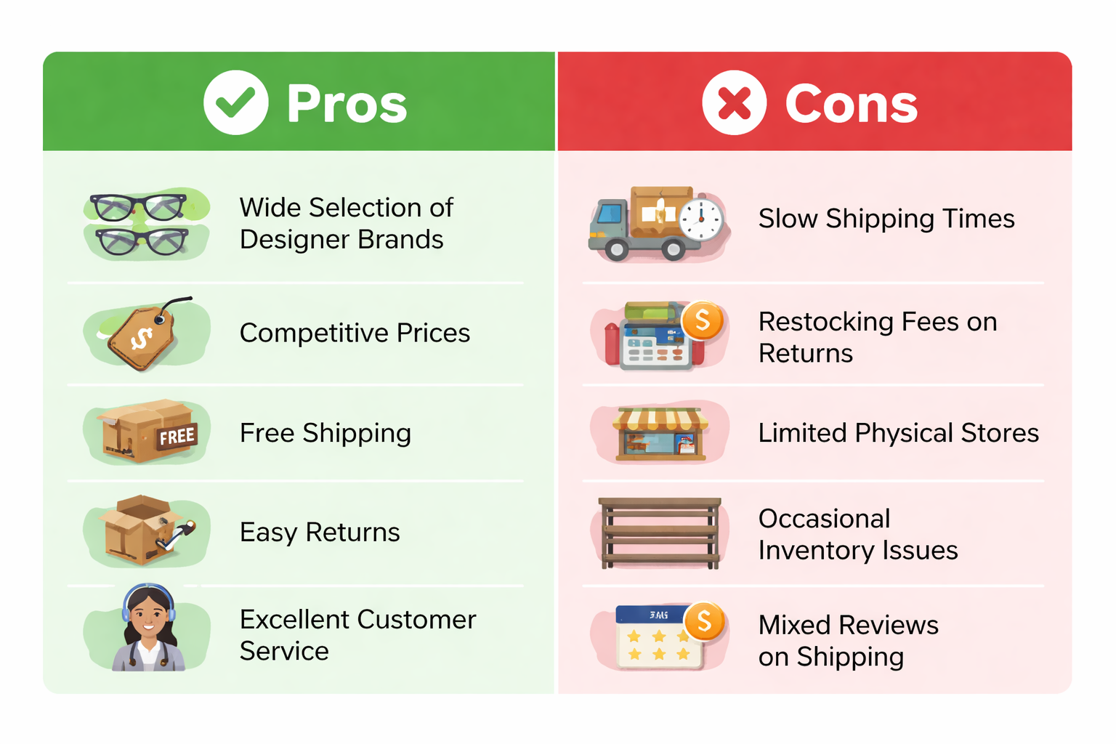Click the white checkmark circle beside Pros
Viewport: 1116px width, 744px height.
tap(235, 102)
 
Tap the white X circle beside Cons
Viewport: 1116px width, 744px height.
tap(734, 102)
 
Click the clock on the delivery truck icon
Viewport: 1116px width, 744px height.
tap(701, 219)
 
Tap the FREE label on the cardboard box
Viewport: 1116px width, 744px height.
tap(177, 437)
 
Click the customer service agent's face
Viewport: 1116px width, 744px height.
tap(148, 616)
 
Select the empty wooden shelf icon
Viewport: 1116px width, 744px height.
tap(660, 533)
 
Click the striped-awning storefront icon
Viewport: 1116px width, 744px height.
tap(660, 434)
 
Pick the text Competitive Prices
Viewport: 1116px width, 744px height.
tap(355, 332)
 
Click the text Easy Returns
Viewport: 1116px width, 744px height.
tap(320, 533)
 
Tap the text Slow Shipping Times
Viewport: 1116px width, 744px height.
tap(886, 218)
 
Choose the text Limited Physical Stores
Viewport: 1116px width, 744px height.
tap(898, 432)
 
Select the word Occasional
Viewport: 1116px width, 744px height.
tap(825, 519)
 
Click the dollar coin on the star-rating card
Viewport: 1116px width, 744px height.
tap(704, 621)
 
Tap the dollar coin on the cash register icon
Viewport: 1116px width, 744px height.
tap(703, 320)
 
